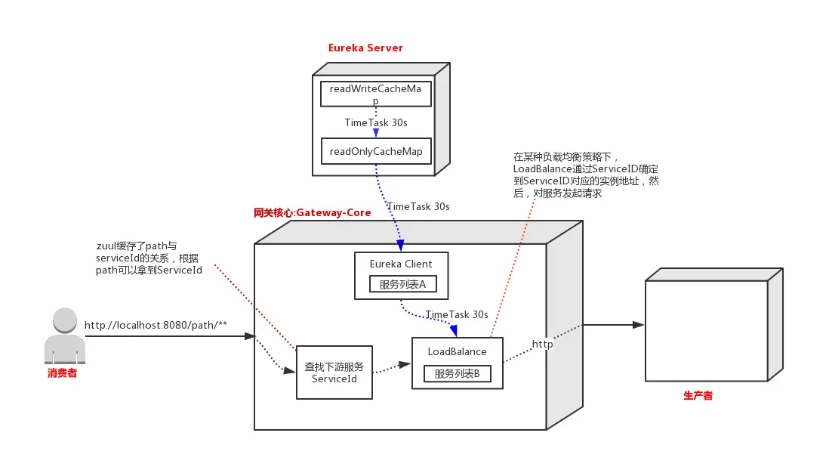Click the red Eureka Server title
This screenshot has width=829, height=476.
365,48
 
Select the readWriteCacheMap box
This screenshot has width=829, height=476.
376,94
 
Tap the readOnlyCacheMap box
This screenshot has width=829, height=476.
376,151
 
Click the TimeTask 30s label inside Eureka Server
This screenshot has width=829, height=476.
376,122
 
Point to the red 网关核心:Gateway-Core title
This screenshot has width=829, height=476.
313,212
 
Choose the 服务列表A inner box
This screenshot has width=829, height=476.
402,284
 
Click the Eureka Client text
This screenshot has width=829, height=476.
401,264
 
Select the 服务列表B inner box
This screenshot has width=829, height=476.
457,373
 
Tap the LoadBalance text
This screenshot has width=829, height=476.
457,351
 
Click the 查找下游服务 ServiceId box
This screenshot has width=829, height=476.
334,372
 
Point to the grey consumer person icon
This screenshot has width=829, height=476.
65,335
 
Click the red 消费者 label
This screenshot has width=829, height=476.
62,372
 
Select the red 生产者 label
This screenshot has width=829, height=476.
698,395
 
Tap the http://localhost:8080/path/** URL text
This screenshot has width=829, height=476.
156,326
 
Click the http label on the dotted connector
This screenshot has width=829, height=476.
542,344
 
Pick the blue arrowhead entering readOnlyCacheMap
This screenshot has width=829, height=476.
376,133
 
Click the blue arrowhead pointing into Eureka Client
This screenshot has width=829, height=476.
400,246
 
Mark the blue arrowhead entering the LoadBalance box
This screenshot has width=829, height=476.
454,330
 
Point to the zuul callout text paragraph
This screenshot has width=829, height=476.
149,258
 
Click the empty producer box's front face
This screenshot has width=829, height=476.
706,329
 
